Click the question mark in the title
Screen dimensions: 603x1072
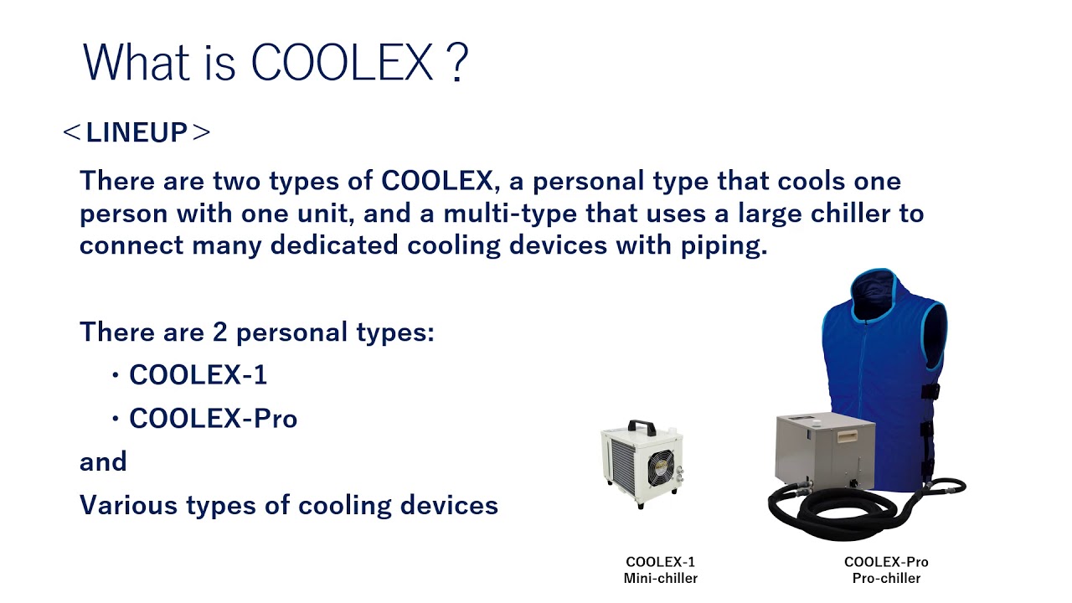pos(457,62)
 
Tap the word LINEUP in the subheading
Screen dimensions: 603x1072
pos(137,132)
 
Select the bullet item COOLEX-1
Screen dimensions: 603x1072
pos(198,374)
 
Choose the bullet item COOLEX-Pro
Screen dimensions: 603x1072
pos(213,418)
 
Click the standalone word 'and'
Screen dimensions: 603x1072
pos(103,461)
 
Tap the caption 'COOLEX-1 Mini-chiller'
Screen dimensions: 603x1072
pos(660,569)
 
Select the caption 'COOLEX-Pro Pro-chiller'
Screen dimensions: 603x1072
pos(886,569)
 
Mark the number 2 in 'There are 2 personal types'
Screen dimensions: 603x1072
pos(220,332)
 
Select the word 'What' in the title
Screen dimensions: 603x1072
pos(130,62)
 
